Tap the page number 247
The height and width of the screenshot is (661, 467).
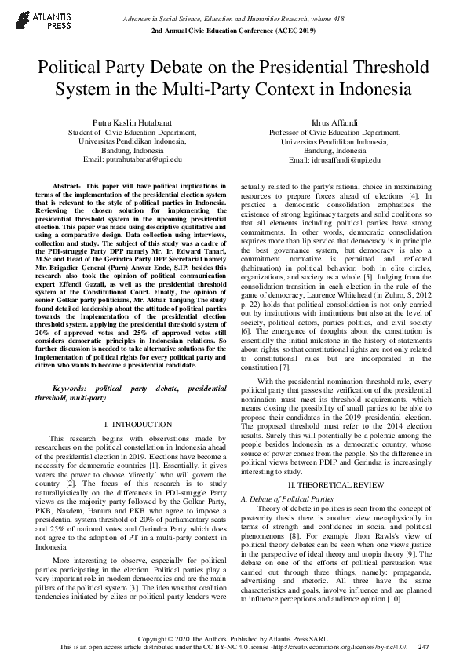pos(424,647)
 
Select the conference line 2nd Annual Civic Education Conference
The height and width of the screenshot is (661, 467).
pos(232,29)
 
